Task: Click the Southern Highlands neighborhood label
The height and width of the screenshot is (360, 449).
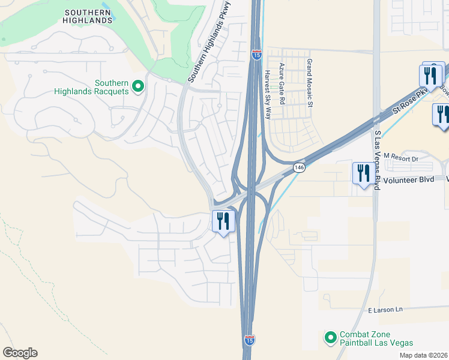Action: (x=88, y=16)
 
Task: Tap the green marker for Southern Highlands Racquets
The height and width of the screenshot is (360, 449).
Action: (x=137, y=86)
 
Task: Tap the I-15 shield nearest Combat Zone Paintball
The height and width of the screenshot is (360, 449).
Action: (x=249, y=340)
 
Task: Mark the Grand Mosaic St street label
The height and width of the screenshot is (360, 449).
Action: (x=310, y=83)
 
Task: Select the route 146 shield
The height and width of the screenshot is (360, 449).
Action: (x=298, y=167)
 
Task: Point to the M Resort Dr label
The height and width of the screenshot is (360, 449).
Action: (x=400, y=158)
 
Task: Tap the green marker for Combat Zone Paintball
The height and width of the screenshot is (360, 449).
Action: (x=330, y=338)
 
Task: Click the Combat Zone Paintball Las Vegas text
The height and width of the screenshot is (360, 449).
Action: (x=377, y=338)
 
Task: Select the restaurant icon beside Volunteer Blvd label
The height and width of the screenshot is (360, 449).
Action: (x=361, y=173)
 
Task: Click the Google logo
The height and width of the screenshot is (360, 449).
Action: (x=20, y=352)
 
